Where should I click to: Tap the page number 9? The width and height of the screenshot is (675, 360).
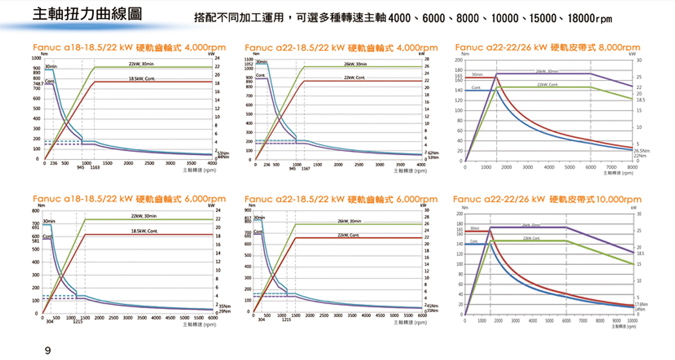click(48, 350)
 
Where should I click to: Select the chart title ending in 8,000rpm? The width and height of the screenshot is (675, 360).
click(547, 48)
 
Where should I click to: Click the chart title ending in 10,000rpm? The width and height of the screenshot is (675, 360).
click(547, 199)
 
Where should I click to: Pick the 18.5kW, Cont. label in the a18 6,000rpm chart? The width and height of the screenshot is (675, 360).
click(144, 231)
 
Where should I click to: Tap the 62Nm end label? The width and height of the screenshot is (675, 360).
click(433, 153)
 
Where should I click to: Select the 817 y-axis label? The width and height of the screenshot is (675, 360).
click(249, 217)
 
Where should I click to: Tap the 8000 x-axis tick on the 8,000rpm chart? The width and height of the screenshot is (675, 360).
click(633, 168)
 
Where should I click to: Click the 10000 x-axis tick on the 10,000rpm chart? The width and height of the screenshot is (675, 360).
click(633, 321)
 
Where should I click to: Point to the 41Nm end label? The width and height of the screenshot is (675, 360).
click(433, 305)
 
